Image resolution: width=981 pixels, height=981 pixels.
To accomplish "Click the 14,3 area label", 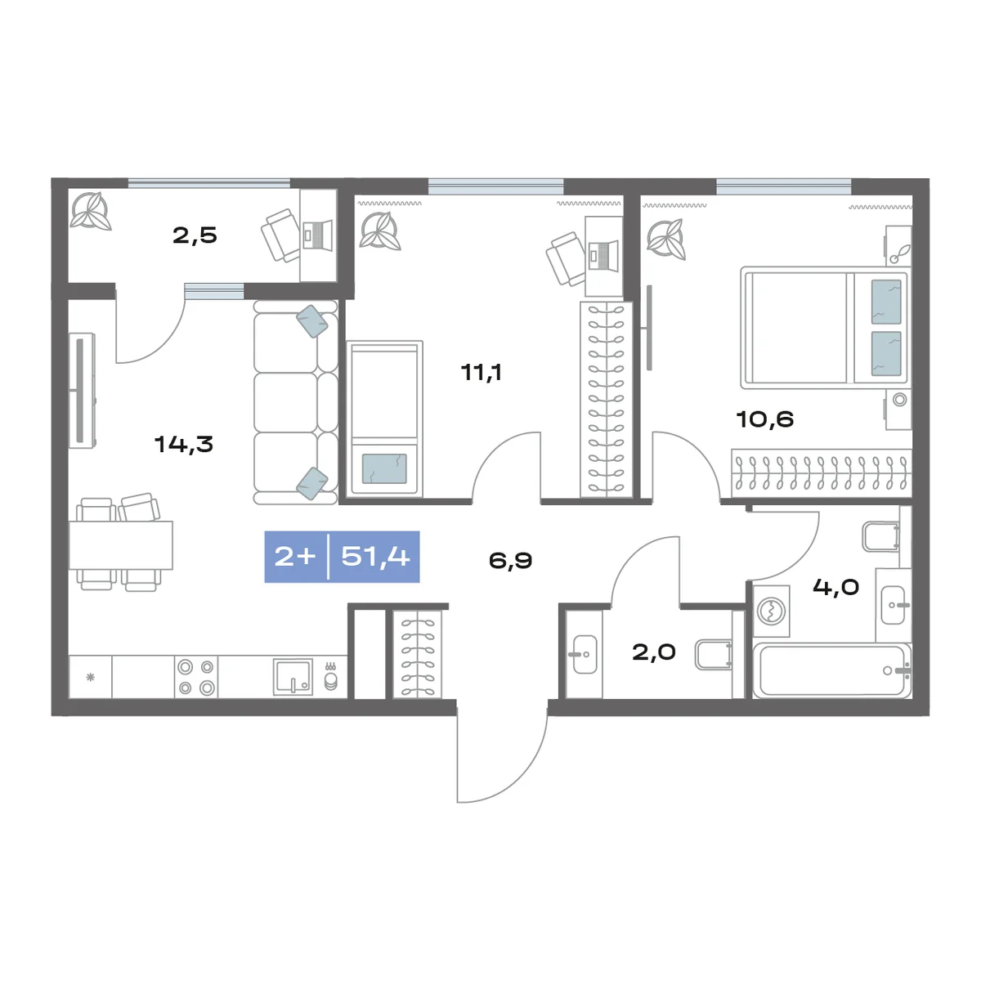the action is click(184, 445).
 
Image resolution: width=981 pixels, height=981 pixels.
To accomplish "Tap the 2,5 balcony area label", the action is click(195, 235).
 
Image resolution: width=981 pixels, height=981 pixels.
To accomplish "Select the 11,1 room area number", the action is click(481, 372).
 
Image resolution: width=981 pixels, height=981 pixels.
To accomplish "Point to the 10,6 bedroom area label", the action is click(764, 419).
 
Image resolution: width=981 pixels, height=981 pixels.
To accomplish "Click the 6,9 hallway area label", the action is click(510, 561).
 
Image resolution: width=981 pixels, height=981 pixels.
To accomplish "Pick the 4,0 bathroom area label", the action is click(836, 587).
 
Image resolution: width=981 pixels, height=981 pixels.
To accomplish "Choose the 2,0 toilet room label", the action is click(654, 652).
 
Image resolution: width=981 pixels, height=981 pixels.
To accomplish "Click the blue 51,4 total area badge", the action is click(342, 557).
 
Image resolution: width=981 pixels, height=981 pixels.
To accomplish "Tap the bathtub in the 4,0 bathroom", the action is click(832, 670).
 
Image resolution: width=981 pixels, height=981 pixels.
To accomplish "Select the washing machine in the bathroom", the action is click(771, 611).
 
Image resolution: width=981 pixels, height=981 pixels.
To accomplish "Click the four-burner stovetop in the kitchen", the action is click(196, 677).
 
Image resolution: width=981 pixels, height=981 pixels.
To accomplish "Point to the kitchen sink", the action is click(293, 677).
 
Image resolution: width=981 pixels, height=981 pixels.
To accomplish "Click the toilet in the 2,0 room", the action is click(714, 655).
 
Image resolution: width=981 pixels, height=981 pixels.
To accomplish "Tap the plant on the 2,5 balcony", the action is click(90, 211).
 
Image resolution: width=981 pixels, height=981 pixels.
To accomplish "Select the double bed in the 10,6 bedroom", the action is click(824, 327).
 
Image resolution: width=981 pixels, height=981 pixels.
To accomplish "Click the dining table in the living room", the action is click(121, 545).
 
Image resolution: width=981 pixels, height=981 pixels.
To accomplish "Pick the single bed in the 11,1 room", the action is click(384, 418).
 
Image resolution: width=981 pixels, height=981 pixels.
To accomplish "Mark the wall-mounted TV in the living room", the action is click(82, 391).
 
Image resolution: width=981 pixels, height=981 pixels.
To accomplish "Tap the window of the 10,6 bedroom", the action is click(783, 187).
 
